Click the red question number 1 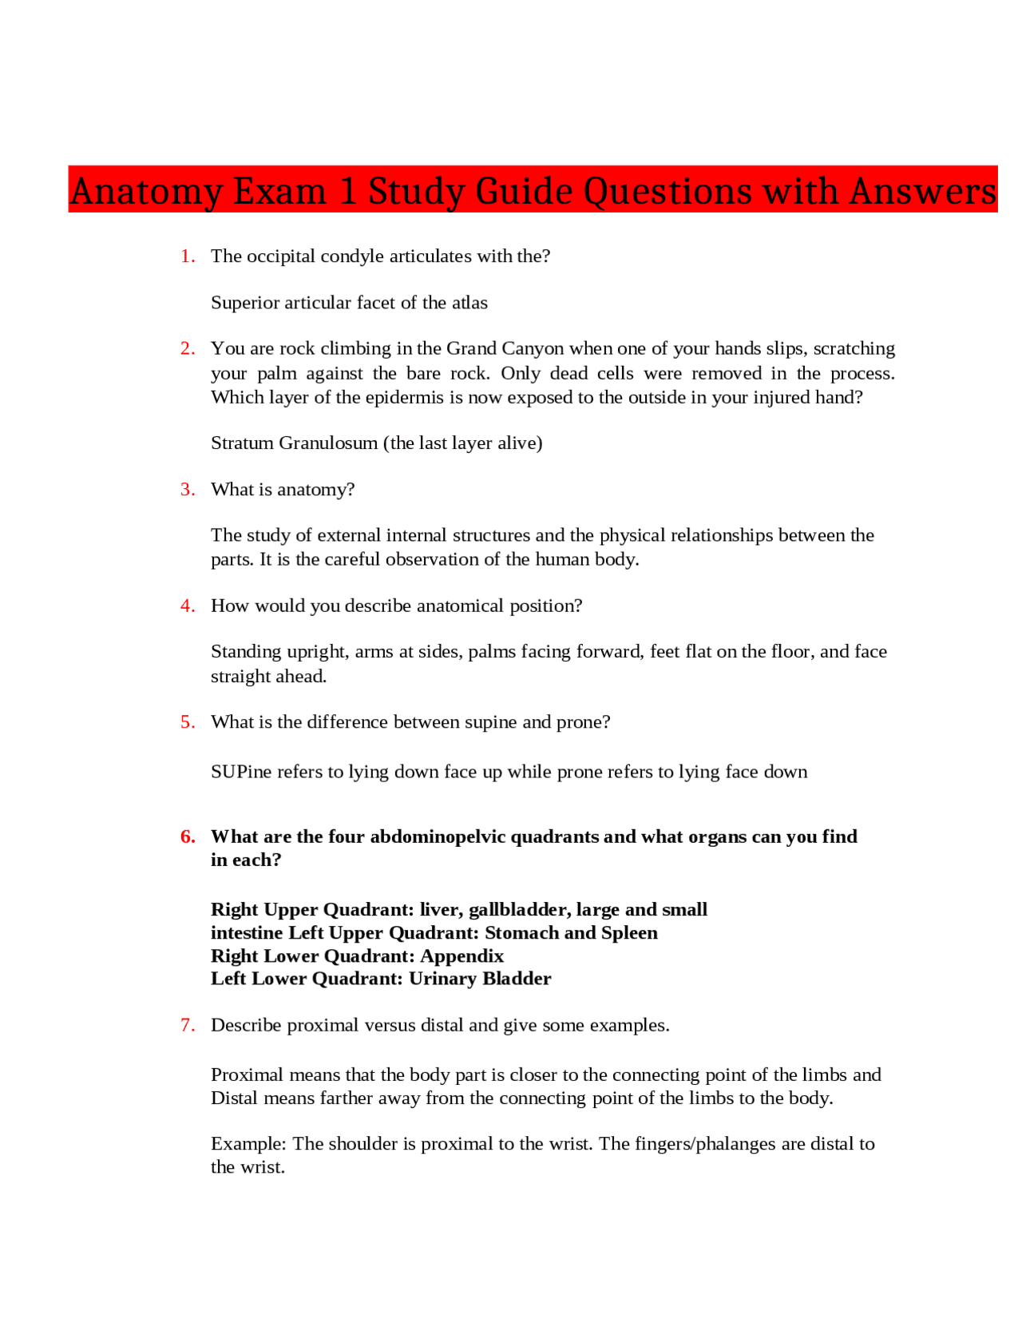[x=187, y=256]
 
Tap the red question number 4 [x=187, y=606]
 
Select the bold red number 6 [x=188, y=836]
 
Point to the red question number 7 [x=187, y=1025]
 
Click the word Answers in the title [x=922, y=192]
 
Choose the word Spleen [x=629, y=933]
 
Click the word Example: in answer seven [x=248, y=1144]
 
